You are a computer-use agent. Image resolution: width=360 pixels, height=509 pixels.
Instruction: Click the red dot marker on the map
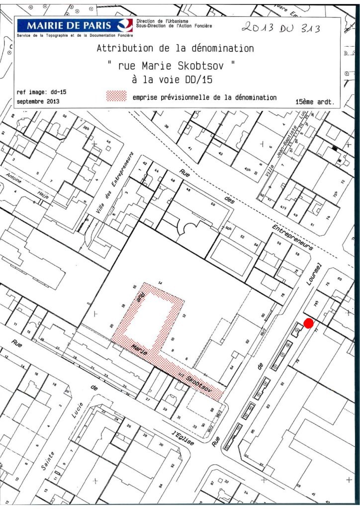[x=308, y=323]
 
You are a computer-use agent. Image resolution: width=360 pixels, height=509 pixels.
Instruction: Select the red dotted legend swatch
[x=117, y=96]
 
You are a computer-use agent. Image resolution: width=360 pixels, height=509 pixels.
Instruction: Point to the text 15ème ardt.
[x=315, y=101]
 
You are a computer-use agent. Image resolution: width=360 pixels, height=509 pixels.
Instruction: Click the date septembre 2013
[x=38, y=101]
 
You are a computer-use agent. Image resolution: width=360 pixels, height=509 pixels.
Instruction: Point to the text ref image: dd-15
[x=41, y=92]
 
